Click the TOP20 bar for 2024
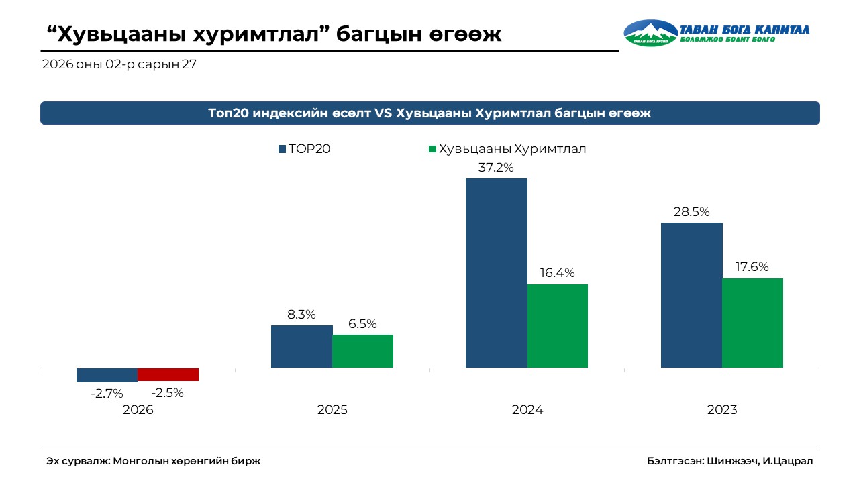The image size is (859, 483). point(496,272)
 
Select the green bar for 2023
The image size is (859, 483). point(752,323)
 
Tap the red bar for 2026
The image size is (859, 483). point(168,374)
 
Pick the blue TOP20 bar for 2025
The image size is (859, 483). point(301,346)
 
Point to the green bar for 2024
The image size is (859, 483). point(557,325)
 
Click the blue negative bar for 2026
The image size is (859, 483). point(107,375)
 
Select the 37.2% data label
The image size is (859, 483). point(496,168)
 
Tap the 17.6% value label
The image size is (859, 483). point(752,267)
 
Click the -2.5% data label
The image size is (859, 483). point(168,393)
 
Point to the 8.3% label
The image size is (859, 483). point(301,314)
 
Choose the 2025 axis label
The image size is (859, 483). point(332,410)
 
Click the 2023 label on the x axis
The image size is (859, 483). point(722,410)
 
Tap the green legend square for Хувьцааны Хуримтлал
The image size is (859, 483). point(433,149)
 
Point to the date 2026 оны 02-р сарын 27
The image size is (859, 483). point(119,65)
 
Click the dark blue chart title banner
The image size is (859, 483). point(429,113)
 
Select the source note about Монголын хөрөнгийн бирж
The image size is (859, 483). point(153,461)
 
